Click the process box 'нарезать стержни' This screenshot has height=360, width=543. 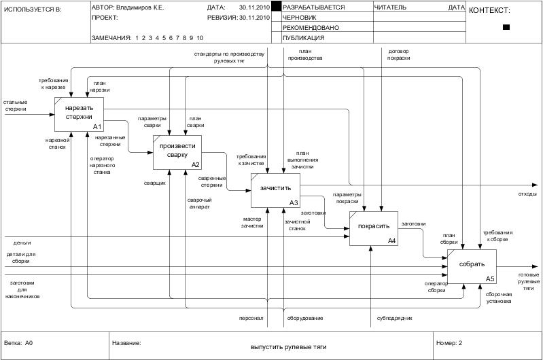point(79,113)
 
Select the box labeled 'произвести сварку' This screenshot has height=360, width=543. point(177,151)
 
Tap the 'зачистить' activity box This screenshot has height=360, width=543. point(275,190)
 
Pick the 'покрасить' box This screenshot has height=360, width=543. point(373,228)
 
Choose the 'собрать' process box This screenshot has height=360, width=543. point(472,266)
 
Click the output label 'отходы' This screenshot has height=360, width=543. point(527,194)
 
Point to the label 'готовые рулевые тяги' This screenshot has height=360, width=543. point(528,281)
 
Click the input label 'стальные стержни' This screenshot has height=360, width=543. point(16,105)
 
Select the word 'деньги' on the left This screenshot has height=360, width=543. point(22,242)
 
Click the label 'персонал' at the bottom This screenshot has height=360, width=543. point(251,318)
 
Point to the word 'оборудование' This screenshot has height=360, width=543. point(304,318)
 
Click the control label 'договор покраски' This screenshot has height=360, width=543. point(399,54)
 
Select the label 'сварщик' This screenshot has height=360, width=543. point(154,183)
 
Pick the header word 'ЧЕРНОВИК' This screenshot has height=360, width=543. point(300,17)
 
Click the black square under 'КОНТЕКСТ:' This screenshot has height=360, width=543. point(506,27)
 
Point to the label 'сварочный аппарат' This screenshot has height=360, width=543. point(200,203)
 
